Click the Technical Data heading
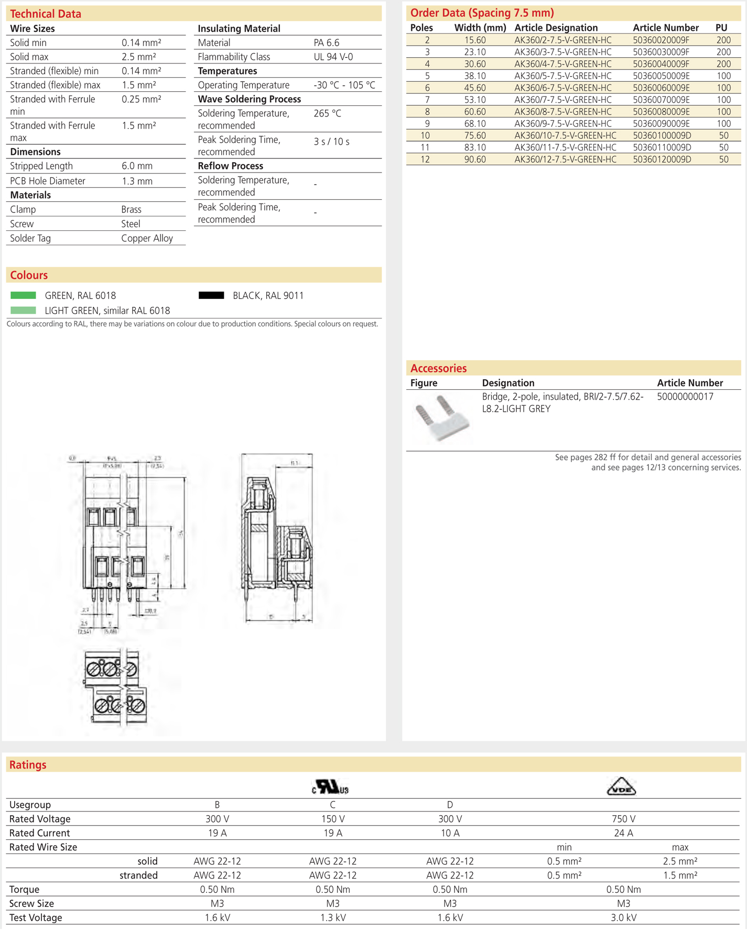pyautogui.click(x=46, y=14)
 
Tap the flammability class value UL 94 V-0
pyautogui.click(x=333, y=57)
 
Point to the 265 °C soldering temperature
pyautogui.click(x=327, y=113)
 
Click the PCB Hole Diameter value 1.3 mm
pyautogui.click(x=137, y=181)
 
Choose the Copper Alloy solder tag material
pyautogui.click(x=147, y=238)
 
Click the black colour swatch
pyautogui.click(x=211, y=295)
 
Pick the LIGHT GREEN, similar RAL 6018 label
pyautogui.click(x=107, y=311)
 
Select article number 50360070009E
pyautogui.click(x=661, y=100)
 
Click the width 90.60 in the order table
pyautogui.click(x=474, y=159)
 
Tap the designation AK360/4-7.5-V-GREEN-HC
pyautogui.click(x=562, y=64)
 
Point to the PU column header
pyautogui.click(x=721, y=28)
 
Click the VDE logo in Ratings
pyautogui.click(x=621, y=786)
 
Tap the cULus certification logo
pyautogui.click(x=330, y=787)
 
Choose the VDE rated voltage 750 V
pyautogui.click(x=623, y=819)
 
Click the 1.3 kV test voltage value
pyautogui.click(x=332, y=917)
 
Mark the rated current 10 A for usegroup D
pyautogui.click(x=449, y=833)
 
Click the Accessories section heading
pyautogui.click(x=438, y=368)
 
